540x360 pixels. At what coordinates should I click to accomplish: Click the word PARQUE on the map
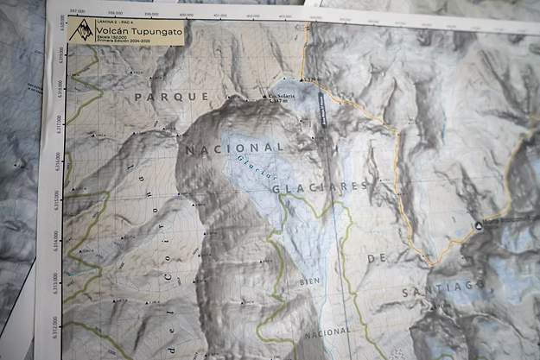160,96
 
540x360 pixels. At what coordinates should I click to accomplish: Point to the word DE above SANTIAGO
374,257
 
